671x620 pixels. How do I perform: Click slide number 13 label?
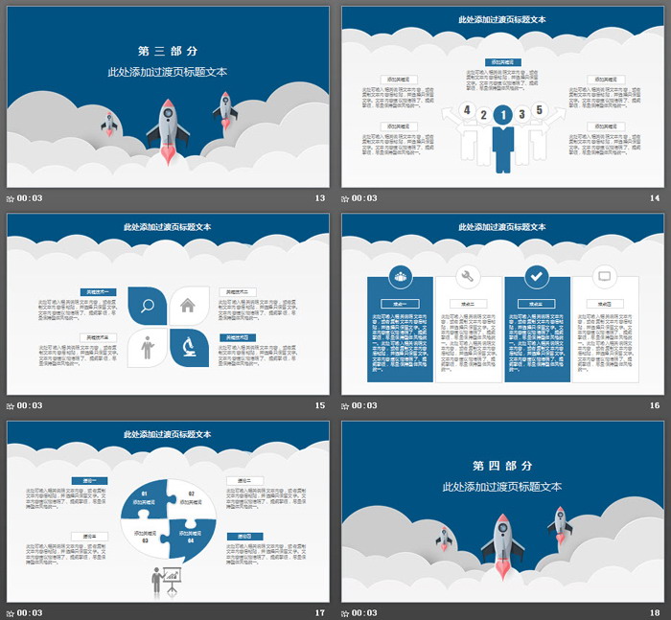[x=320, y=198]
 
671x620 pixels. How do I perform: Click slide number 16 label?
[x=655, y=405]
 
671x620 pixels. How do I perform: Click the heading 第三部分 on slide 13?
[x=168, y=51]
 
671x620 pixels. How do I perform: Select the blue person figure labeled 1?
[x=502, y=134]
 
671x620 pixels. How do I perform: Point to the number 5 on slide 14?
[x=539, y=110]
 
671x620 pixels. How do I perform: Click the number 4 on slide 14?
[x=466, y=111]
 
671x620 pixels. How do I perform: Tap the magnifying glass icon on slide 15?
[x=148, y=307]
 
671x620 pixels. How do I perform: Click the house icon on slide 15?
[x=188, y=306]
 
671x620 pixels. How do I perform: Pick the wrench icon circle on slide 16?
[x=469, y=276]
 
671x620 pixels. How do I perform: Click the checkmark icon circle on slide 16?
[x=537, y=276]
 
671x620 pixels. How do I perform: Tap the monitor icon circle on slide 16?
[x=604, y=276]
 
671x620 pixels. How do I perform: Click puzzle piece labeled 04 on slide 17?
[x=190, y=539]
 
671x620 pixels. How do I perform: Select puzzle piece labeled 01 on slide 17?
[x=145, y=495]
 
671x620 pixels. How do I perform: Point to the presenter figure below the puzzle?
[x=163, y=581]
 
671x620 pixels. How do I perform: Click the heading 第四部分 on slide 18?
[x=502, y=465]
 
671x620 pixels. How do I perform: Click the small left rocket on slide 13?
[x=108, y=124]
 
